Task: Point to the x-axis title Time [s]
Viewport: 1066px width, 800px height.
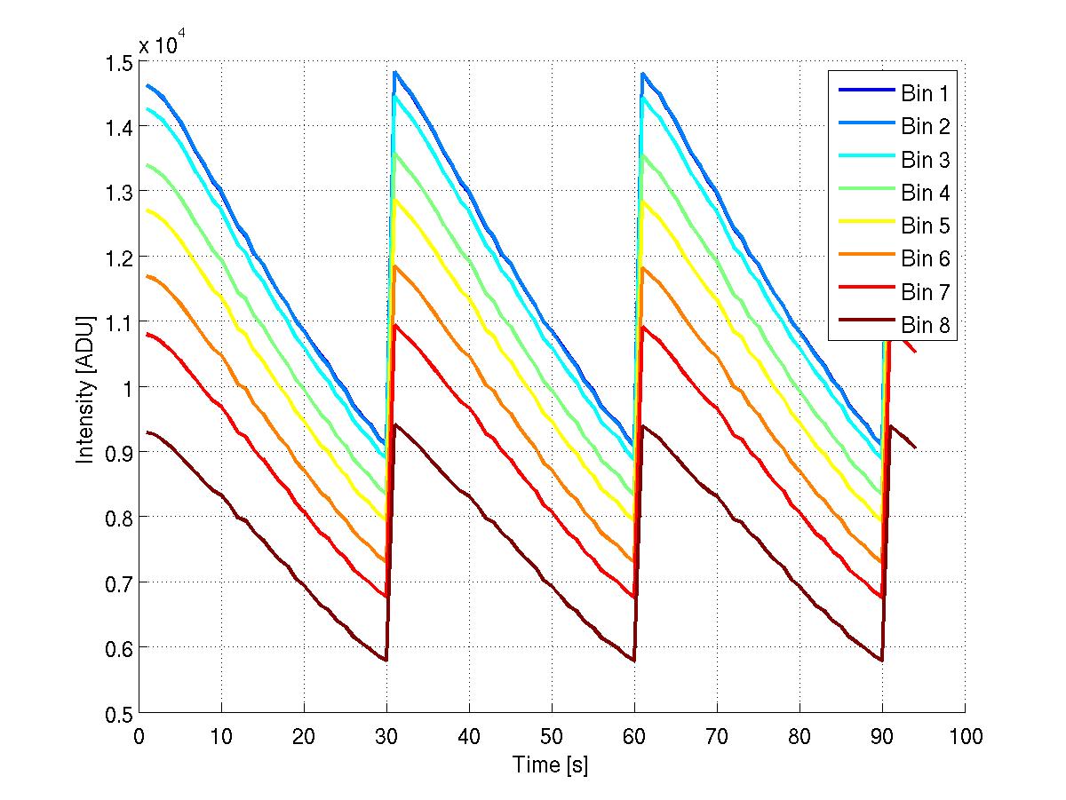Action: pyautogui.click(x=551, y=764)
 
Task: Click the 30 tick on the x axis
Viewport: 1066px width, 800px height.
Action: pyautogui.click(x=386, y=736)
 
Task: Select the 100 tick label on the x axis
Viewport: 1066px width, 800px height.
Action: pyautogui.click(x=965, y=736)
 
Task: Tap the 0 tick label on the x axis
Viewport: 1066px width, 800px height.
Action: pyautogui.click(x=139, y=736)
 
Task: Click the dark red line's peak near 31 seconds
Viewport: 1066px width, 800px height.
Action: pyautogui.click(x=395, y=424)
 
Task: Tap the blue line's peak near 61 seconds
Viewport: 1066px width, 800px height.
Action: pyautogui.click(x=642, y=74)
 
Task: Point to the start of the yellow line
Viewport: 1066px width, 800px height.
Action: pyautogui.click(x=147, y=210)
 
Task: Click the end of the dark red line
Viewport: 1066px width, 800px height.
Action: pyautogui.click(x=915, y=448)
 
